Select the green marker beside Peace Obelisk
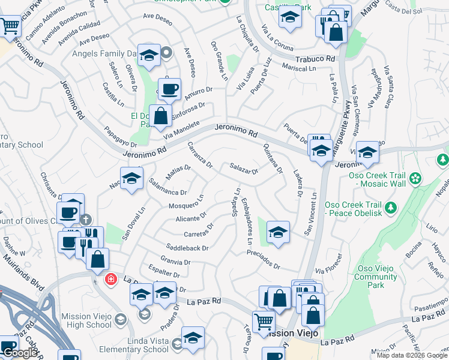coord(391,208)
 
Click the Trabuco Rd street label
coord(315,59)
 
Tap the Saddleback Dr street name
coord(187,247)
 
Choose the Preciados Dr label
coord(264,259)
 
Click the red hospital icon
coord(110,280)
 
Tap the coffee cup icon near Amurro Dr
coord(169,89)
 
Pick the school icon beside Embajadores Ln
coord(278,232)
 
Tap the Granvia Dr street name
coord(175,262)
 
